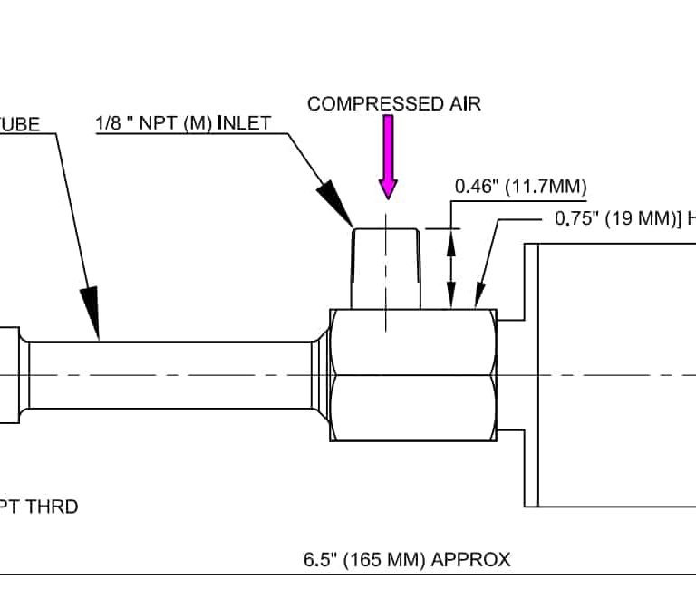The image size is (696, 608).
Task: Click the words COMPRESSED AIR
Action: click(x=393, y=103)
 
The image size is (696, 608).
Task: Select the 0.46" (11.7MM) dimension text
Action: click(x=520, y=188)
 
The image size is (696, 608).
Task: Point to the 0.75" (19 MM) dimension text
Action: click(x=616, y=218)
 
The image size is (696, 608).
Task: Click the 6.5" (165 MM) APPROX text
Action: click(x=407, y=559)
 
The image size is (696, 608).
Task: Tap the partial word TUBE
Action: click(x=20, y=124)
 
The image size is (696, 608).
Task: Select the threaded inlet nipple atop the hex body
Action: click(x=386, y=268)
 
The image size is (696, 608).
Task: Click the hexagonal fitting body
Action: click(x=413, y=375)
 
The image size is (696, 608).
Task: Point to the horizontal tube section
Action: click(x=172, y=375)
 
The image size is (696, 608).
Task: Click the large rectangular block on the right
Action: click(x=616, y=375)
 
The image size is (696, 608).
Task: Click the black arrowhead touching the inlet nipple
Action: click(x=337, y=203)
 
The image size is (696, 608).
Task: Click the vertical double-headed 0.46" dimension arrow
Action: click(x=450, y=268)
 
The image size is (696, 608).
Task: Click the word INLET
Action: click(x=244, y=123)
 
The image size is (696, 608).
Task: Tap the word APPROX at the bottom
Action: click(x=471, y=559)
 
